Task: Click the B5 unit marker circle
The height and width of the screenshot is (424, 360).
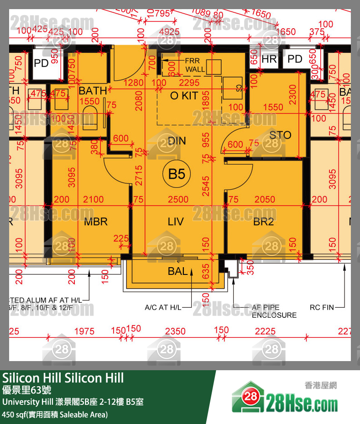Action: pos(176,174)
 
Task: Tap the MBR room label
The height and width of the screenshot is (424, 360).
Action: pos(96,222)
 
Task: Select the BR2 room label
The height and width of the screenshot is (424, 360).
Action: pos(264,222)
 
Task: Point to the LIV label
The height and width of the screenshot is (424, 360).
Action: pos(176,222)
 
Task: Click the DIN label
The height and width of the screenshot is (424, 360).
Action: pos(177,140)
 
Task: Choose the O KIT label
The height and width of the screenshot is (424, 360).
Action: pos(184,96)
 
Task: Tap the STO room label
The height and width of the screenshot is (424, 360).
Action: pos(280,135)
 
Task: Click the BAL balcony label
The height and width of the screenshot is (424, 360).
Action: pos(177,271)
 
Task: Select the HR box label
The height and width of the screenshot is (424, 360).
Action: pos(269,59)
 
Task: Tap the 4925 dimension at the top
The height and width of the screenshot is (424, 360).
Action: pos(171,32)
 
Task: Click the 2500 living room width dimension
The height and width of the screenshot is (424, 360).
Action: pos(177,199)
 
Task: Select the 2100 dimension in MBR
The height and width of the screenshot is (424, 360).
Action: pos(94,199)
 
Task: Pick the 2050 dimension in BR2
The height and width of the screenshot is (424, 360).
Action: pos(265,199)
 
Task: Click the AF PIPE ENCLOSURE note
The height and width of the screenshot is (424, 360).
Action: pos(274,311)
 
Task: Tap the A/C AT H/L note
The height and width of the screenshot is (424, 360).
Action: pos(162,308)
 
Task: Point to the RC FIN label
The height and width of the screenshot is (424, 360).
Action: pos(322,308)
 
